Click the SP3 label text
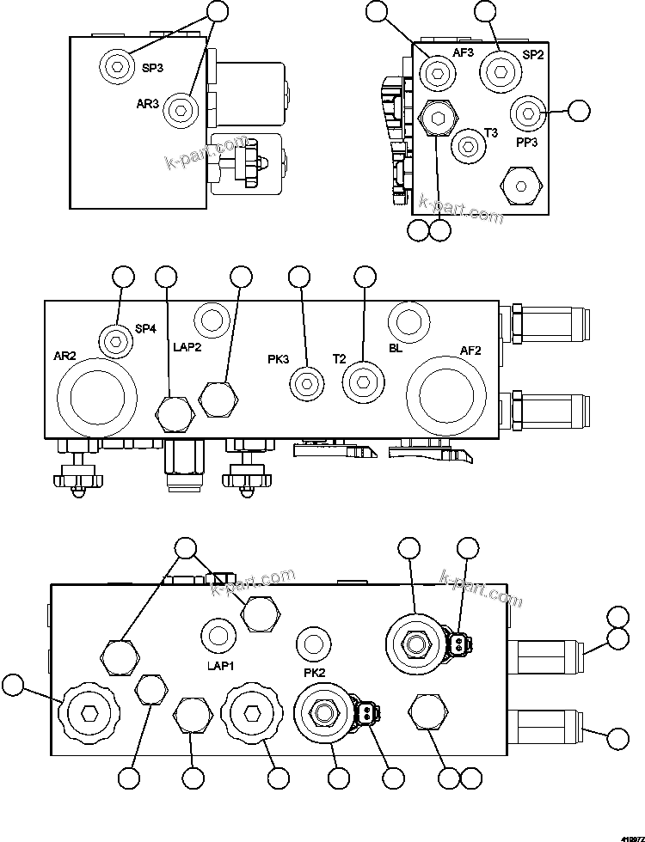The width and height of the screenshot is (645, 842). point(153,70)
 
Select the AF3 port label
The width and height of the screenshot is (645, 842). point(464,52)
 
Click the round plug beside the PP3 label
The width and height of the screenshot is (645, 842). point(525,113)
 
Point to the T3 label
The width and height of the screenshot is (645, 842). point(491,132)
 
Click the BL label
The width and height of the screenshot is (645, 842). point(396,349)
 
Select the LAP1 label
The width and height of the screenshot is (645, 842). point(219,665)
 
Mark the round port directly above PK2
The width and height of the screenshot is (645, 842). point(312,641)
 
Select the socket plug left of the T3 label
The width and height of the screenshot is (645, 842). point(467,146)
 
